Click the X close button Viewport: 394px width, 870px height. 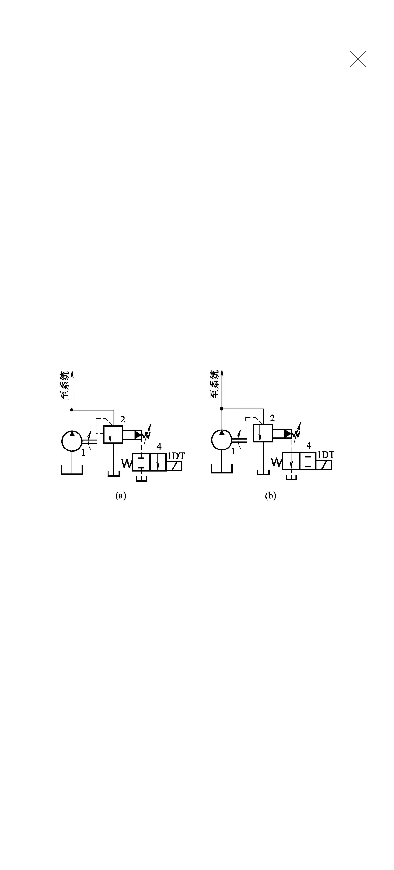358,59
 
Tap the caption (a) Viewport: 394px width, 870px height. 121,496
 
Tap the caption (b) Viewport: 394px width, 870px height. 270,496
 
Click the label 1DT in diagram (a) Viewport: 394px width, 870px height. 176,456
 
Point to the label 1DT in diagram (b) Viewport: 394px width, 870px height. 326,455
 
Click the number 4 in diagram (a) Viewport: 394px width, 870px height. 159,447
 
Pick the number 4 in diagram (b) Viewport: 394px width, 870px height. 309,445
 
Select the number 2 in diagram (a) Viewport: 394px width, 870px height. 122,420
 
